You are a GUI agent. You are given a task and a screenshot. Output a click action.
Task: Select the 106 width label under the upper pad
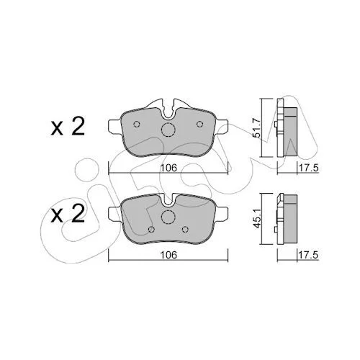(x=168, y=168)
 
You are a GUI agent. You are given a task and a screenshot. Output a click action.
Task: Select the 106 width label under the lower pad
(x=168, y=255)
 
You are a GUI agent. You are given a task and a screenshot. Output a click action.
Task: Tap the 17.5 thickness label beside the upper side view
(x=308, y=168)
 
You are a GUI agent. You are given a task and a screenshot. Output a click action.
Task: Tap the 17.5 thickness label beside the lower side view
(x=308, y=255)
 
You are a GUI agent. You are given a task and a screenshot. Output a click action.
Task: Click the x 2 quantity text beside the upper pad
(x=68, y=127)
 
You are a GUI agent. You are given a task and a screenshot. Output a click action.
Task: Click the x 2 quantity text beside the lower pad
(x=68, y=213)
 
